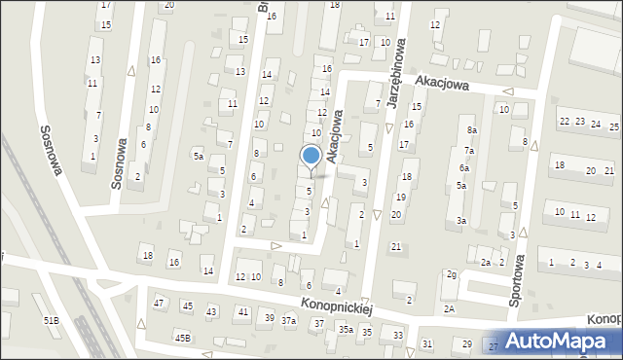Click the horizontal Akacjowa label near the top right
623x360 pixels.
click(441, 85)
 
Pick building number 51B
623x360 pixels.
click(51, 320)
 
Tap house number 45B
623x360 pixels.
click(182, 338)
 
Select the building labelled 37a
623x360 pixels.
click(289, 320)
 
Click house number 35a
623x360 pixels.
click(346, 330)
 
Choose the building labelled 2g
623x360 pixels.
click(451, 274)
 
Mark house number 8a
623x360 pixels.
click(472, 130)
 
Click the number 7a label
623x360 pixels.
click(468, 151)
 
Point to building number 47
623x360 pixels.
click(160, 304)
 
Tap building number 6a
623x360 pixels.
click(464, 168)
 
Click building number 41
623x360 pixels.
click(242, 311)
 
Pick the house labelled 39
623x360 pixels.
click(269, 318)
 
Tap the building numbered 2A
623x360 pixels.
click(450, 308)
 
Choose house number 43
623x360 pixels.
click(211, 311)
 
